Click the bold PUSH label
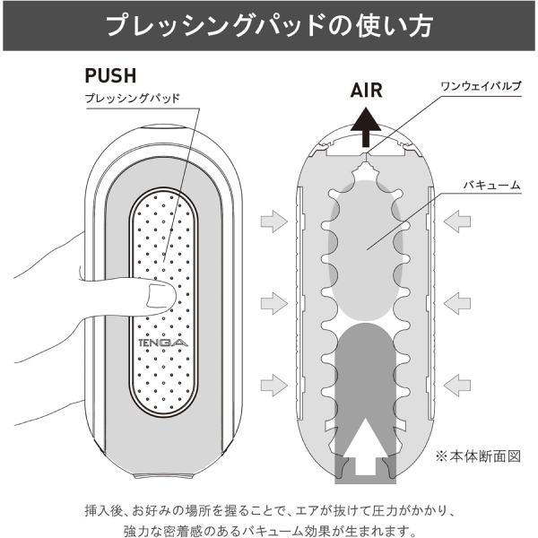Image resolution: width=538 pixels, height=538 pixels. [110, 76]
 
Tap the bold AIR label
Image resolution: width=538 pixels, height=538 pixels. [366, 91]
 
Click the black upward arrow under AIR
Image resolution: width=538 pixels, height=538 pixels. [366, 127]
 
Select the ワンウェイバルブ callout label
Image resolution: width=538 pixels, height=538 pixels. [481, 86]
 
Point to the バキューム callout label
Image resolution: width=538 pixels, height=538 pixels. [492, 185]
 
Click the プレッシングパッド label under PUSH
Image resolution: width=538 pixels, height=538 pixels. [132, 99]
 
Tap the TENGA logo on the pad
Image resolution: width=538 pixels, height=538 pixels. [163, 343]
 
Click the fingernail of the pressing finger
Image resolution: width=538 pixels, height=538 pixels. [156, 295]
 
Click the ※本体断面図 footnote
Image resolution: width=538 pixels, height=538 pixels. [478, 456]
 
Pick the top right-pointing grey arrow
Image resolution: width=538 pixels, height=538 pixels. [274, 221]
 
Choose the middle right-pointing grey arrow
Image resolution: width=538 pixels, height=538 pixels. [274, 303]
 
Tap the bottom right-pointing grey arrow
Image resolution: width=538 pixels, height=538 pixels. [274, 385]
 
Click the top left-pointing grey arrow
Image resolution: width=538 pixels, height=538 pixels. [457, 221]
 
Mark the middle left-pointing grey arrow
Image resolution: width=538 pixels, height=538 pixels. [457, 303]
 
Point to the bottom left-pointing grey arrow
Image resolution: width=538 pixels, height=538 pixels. [457, 385]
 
